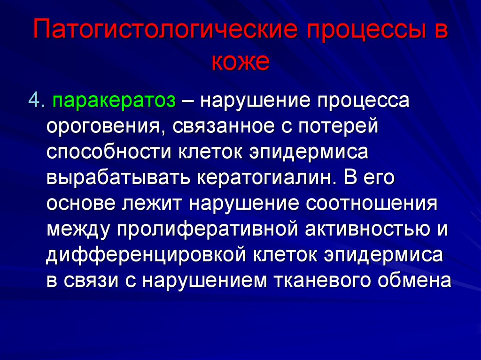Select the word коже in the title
click(x=240, y=62)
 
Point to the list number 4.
click(x=36, y=100)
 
